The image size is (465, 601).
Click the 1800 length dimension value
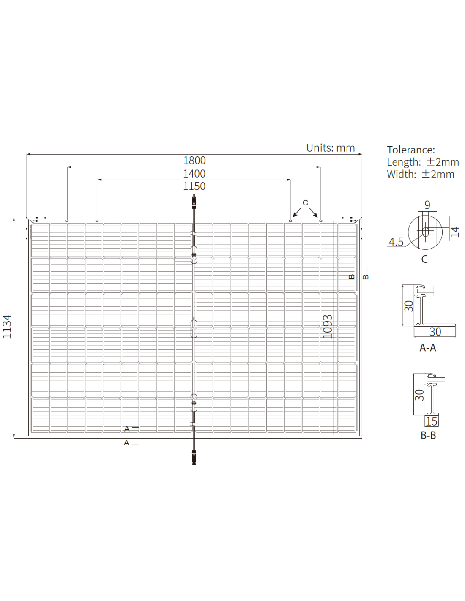tap(194, 161)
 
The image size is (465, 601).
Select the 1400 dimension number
tap(194, 174)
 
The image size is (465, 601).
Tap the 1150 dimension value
tap(194, 186)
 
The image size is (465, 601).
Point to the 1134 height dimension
tap(7, 326)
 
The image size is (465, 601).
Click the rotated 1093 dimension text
tap(328, 326)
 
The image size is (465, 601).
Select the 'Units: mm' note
tap(330, 148)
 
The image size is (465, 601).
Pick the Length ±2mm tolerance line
tap(423, 162)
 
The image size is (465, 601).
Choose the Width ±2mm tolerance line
tap(421, 174)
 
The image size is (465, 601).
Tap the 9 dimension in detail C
tap(427, 205)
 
